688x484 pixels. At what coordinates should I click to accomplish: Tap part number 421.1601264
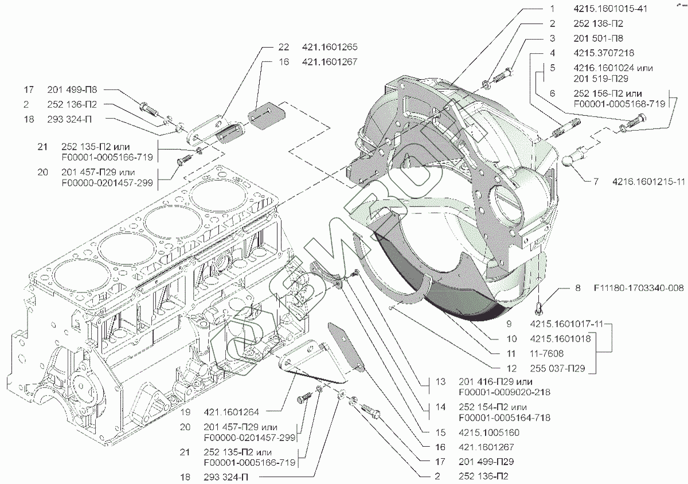coord(233,411)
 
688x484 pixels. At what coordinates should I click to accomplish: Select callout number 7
coord(596,181)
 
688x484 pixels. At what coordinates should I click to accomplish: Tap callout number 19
coord(185,411)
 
